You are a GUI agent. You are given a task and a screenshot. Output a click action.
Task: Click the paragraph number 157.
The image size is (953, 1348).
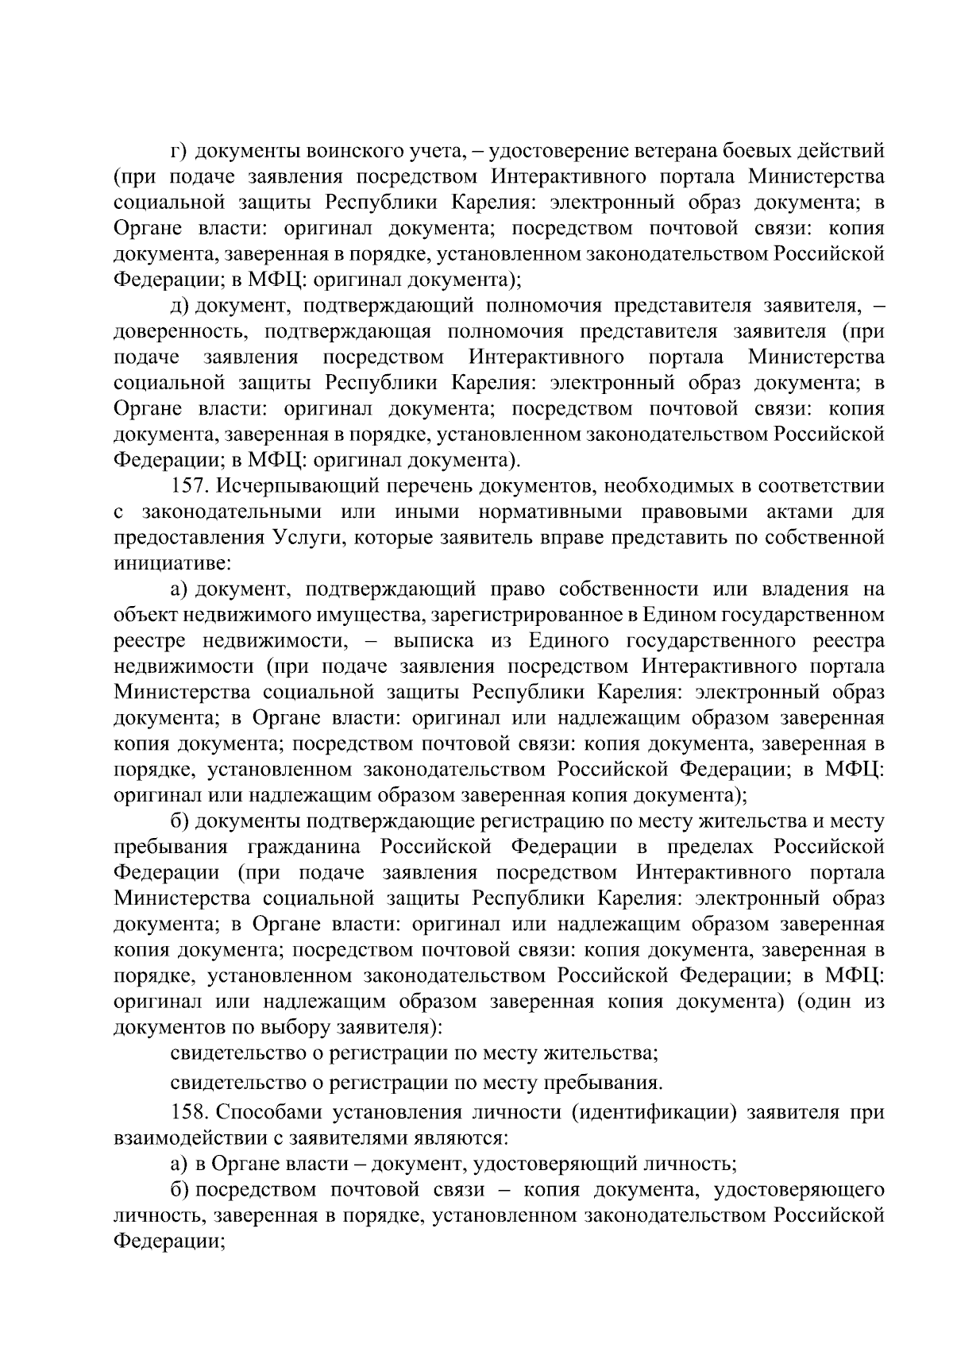coord(188,485)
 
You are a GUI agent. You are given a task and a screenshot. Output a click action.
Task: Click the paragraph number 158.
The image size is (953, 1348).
coord(188,1112)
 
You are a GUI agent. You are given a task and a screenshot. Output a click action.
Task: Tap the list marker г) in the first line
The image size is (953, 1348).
coord(179,150)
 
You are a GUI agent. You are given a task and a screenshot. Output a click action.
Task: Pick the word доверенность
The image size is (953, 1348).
coord(182,331)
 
